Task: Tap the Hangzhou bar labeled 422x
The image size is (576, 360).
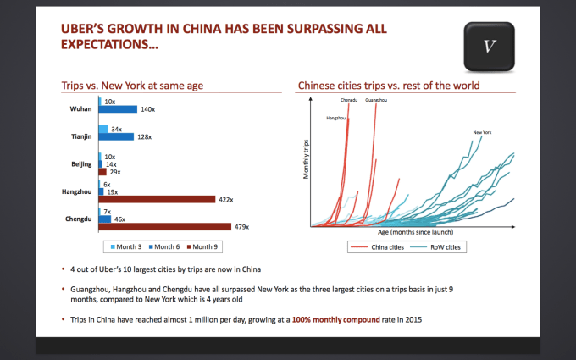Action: coord(158,200)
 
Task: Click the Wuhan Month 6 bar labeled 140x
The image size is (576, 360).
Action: coord(118,109)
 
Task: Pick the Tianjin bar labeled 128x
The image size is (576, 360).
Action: coord(116,137)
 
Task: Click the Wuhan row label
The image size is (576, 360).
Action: coord(80,109)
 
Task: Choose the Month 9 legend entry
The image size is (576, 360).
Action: coord(202,246)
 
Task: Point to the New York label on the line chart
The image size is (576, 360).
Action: coord(482,132)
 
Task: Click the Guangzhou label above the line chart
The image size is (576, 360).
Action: coord(375,101)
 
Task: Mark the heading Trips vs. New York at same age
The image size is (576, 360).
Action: coord(131,86)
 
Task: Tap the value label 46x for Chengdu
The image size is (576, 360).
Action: coord(120,219)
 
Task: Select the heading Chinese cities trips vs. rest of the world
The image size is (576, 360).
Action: coord(388,86)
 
